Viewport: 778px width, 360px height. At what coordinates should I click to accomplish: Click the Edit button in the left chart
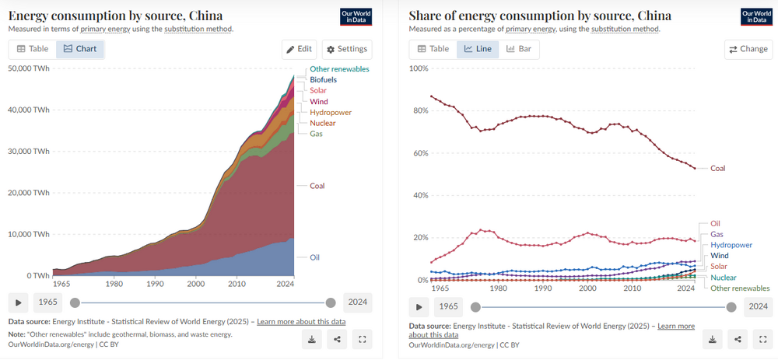(x=299, y=49)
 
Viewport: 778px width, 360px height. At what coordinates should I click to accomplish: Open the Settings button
(x=347, y=49)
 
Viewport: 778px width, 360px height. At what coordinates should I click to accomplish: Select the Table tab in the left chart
(x=33, y=49)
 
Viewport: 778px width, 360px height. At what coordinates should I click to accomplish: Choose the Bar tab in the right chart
(x=519, y=49)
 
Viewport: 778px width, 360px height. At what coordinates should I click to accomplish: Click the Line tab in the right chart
(x=478, y=49)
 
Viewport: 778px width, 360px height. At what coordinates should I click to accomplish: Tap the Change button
(x=748, y=49)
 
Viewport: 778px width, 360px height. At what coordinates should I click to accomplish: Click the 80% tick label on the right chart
(x=419, y=110)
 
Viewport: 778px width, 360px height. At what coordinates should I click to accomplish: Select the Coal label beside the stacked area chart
(x=317, y=186)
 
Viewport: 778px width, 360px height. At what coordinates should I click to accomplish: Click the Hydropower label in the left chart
(x=331, y=113)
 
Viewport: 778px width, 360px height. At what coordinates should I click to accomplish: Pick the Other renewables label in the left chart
(x=339, y=69)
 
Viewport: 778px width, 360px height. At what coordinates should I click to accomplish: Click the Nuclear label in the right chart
(x=724, y=278)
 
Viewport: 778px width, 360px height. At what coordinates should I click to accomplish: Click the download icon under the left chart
(x=312, y=339)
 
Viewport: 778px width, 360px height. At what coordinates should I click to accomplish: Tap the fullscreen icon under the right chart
(x=762, y=339)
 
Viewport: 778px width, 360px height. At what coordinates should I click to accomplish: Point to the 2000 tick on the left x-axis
(x=197, y=284)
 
